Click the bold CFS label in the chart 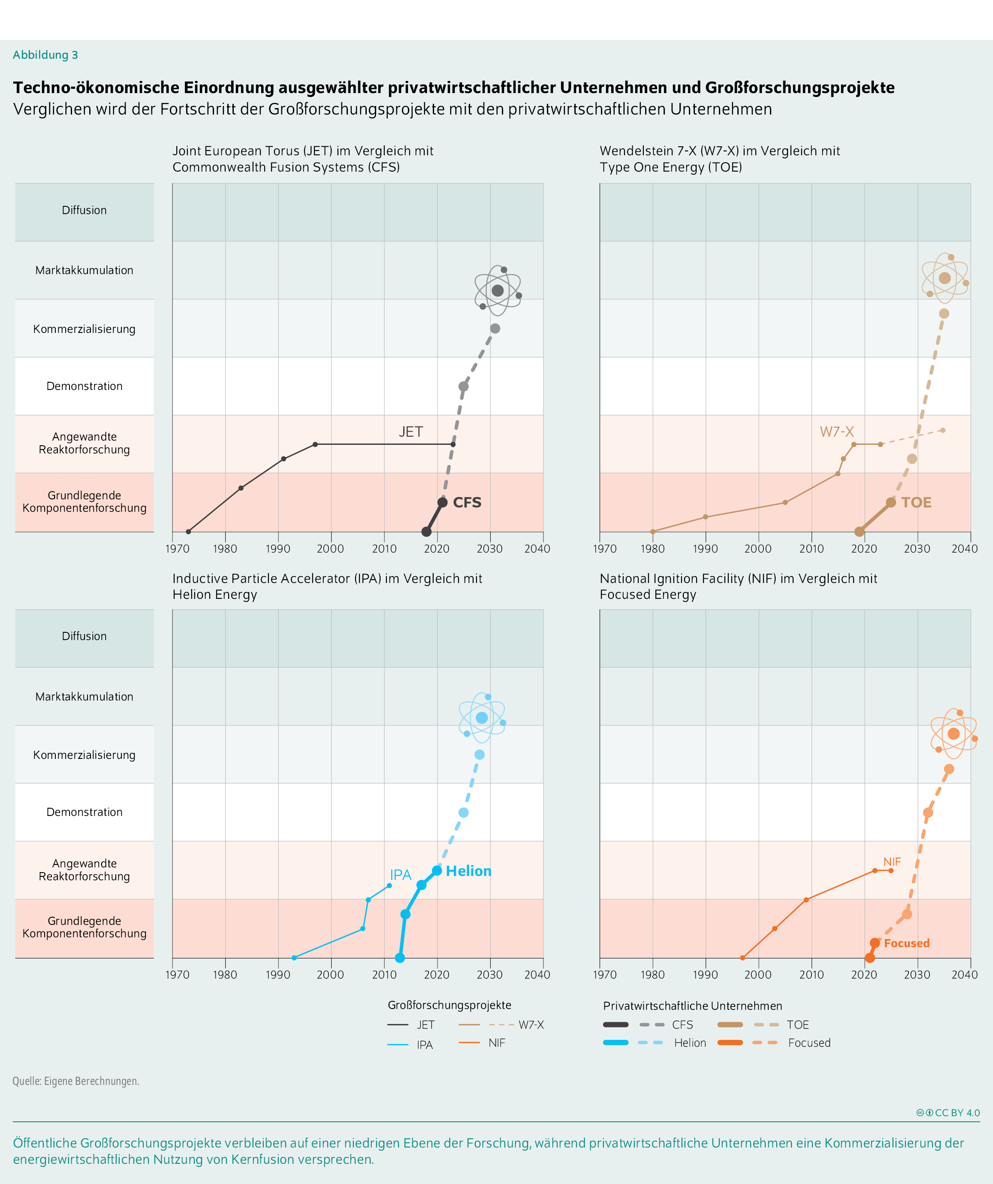467,502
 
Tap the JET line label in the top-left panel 410,432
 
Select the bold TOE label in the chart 916,502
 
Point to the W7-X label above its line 836,432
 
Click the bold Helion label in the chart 468,871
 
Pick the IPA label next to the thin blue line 400,875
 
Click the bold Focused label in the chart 906,943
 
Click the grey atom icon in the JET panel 497,290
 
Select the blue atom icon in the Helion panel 482,718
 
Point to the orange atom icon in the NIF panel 953,734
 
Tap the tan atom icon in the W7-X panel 945,278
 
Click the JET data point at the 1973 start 188,532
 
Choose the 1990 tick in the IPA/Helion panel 278,975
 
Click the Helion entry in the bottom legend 690,1043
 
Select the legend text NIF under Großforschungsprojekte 497,1043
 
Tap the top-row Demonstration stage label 85,386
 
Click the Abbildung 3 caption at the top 45,54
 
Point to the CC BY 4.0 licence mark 948,1113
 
